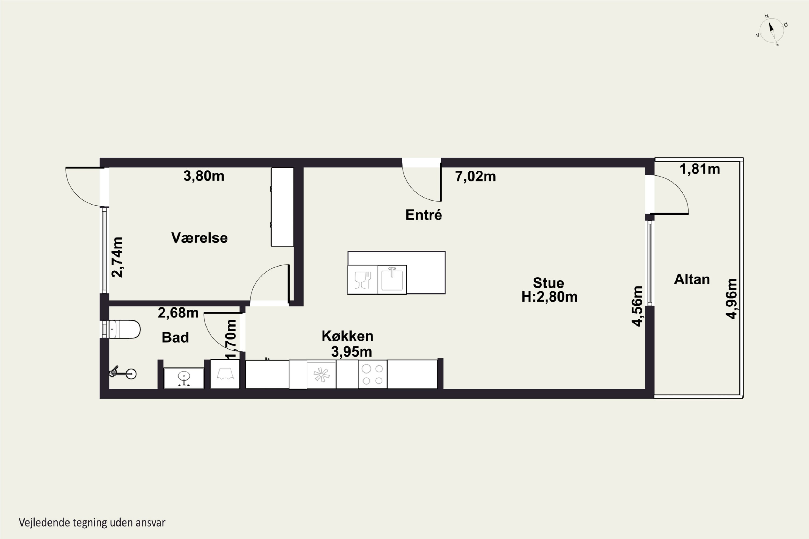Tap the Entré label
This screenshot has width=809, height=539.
423,215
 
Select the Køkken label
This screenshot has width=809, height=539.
347,336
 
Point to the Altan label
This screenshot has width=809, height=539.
692,279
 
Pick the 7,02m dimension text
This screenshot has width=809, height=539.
475,176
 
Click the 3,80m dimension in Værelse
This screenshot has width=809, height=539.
204,176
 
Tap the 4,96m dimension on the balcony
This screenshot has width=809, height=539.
731,299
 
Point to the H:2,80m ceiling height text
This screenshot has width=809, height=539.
549,297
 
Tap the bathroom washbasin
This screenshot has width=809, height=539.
184,378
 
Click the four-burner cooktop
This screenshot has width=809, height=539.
372,374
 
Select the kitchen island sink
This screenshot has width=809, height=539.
392,279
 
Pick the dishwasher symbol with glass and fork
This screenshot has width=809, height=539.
362,279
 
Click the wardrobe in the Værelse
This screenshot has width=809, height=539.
282,207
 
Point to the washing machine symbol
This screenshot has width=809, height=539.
225,374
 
